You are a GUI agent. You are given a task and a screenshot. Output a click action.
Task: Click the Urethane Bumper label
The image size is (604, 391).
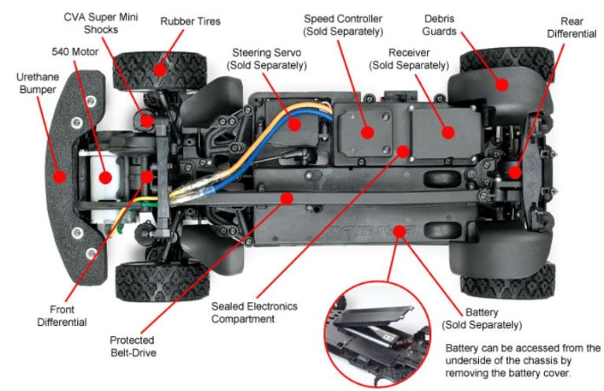(38, 84)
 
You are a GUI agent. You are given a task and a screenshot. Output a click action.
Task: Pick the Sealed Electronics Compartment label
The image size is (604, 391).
(252, 313)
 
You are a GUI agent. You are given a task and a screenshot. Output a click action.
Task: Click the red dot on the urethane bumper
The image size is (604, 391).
(59, 175)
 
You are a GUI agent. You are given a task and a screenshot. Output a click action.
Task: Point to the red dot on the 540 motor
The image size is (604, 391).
(104, 176)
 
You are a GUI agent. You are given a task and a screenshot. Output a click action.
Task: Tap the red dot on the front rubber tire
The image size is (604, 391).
(160, 68)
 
